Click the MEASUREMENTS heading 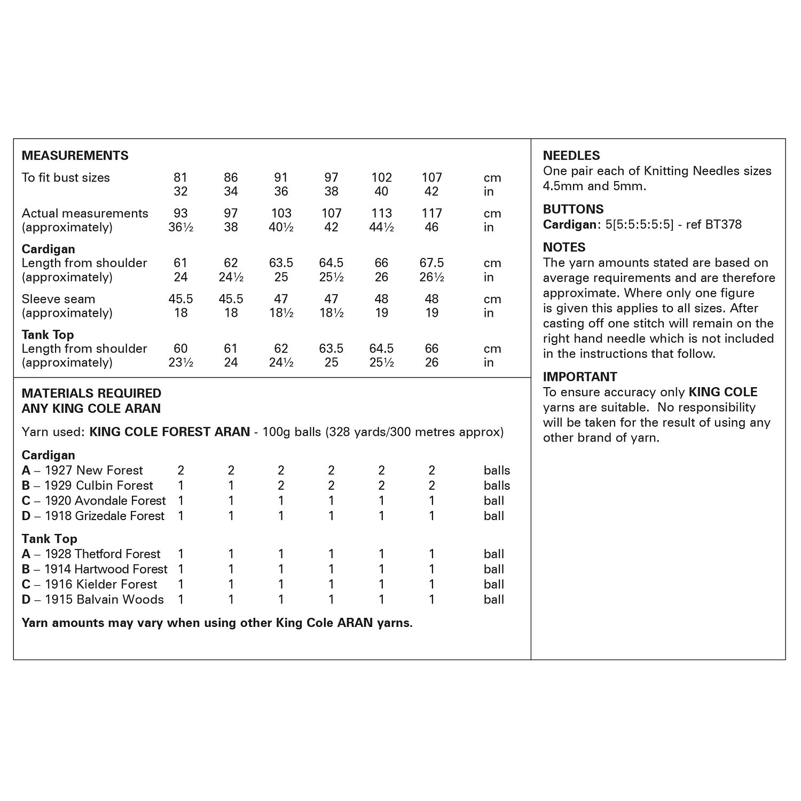75,155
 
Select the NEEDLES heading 571,155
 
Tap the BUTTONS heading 573,209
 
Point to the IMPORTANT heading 580,376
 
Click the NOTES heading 564,247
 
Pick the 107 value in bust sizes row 431,177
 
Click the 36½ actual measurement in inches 180,227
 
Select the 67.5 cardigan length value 431,263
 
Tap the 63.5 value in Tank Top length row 331,348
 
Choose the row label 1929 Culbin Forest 98,485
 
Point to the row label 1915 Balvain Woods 104,599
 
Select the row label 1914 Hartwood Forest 105,569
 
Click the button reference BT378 723,224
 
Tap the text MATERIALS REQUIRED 91,393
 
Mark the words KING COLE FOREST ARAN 169,431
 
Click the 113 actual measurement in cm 381,213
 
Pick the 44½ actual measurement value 381,227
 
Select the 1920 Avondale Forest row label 105,500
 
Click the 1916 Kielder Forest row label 100,584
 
